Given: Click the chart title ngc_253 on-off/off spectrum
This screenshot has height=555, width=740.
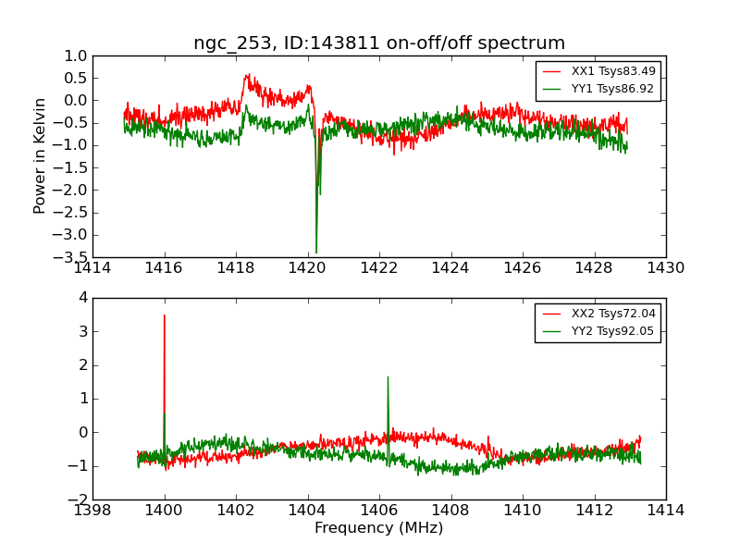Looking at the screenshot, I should point(379,43).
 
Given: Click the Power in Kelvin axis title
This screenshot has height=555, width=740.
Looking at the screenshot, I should point(40,155).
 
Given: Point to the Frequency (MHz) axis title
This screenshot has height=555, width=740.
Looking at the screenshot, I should point(378,528).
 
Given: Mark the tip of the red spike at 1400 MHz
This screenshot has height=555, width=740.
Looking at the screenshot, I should point(165,315).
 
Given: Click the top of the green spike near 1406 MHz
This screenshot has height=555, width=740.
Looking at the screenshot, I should point(388,376).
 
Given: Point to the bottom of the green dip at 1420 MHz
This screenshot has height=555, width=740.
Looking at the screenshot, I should point(316,253).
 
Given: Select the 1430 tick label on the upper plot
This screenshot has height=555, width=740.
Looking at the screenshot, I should point(665,268).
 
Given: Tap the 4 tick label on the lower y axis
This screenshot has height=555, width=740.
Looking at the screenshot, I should point(83,298).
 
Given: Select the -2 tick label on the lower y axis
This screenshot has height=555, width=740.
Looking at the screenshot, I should point(79,499).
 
